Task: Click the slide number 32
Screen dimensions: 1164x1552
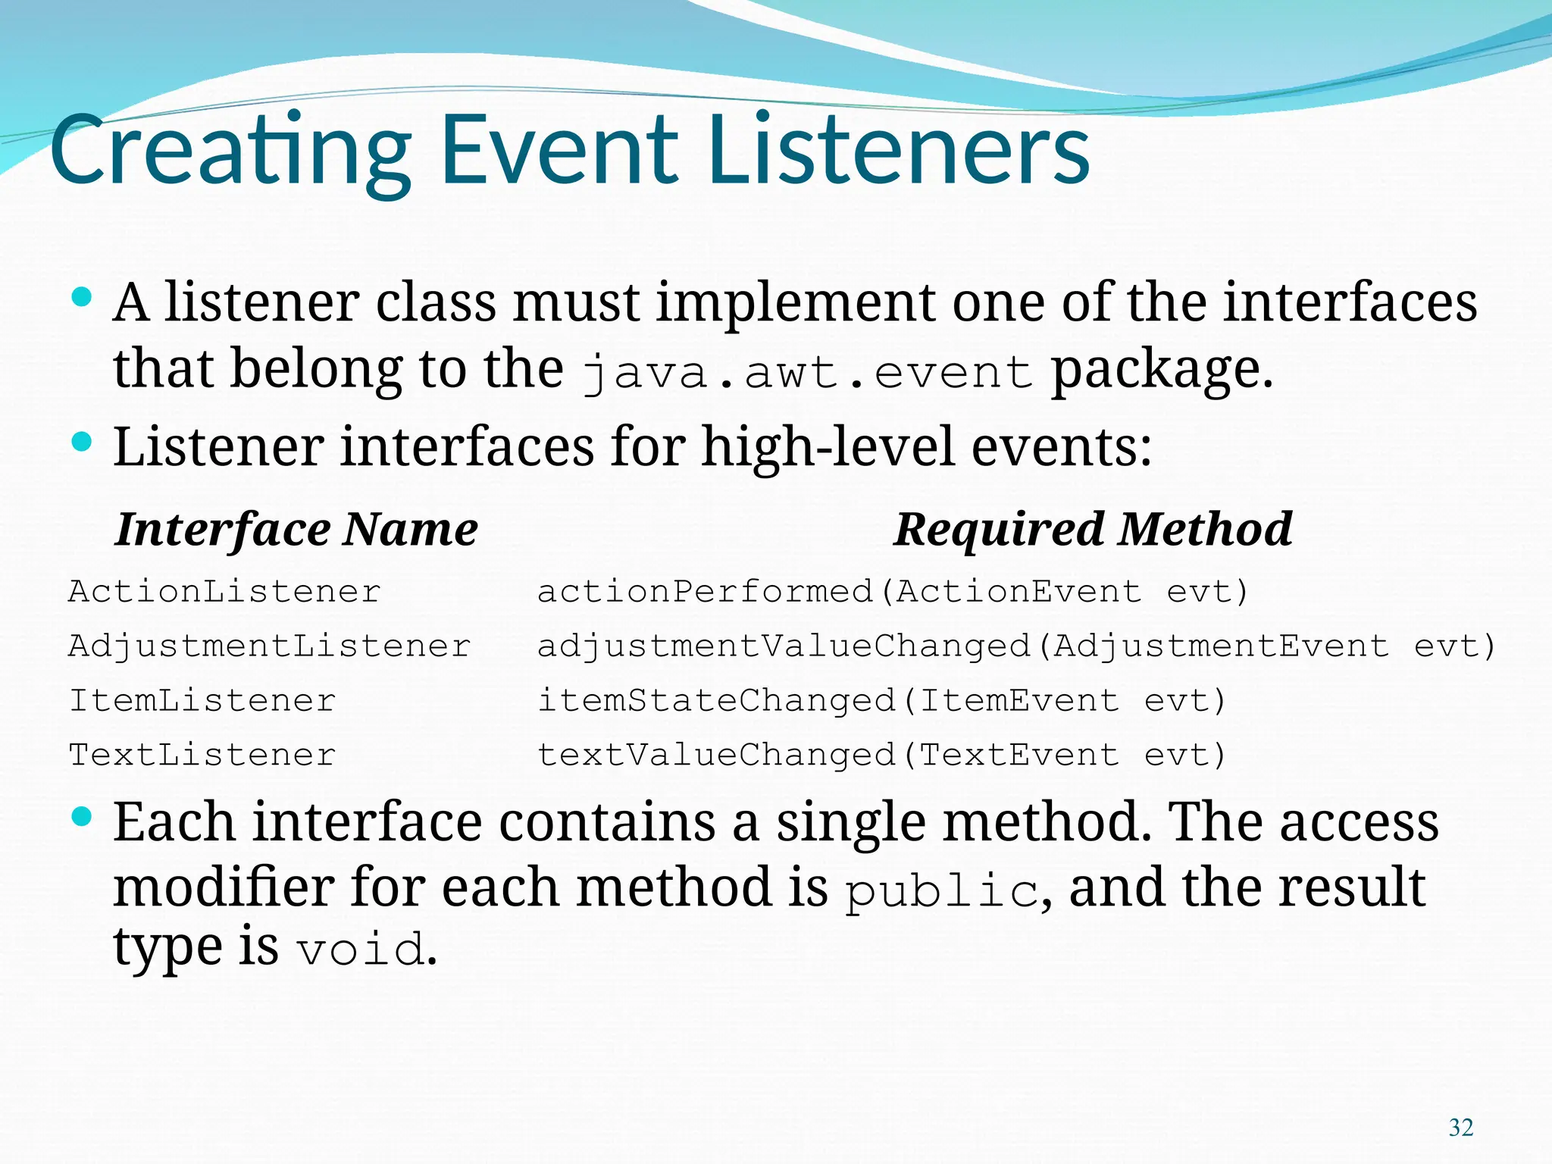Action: click(x=1460, y=1128)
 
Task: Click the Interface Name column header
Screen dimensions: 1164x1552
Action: click(x=296, y=529)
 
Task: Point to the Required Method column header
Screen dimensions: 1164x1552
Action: click(x=1092, y=529)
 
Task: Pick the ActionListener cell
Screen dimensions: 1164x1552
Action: click(x=224, y=592)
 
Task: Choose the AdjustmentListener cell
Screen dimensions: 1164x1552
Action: click(x=269, y=646)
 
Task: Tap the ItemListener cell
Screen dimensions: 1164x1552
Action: click(x=202, y=701)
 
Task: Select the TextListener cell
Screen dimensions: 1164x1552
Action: click(x=202, y=756)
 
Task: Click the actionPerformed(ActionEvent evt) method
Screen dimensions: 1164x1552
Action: click(x=892, y=592)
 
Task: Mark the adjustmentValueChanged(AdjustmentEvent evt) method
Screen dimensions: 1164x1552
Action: click(x=1016, y=646)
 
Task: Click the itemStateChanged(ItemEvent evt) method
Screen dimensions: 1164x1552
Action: click(x=881, y=701)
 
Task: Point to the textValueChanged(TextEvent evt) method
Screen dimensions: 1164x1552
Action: click(x=881, y=756)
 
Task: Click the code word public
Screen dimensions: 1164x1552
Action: click(x=940, y=891)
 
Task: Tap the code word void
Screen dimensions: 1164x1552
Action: click(x=361, y=950)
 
